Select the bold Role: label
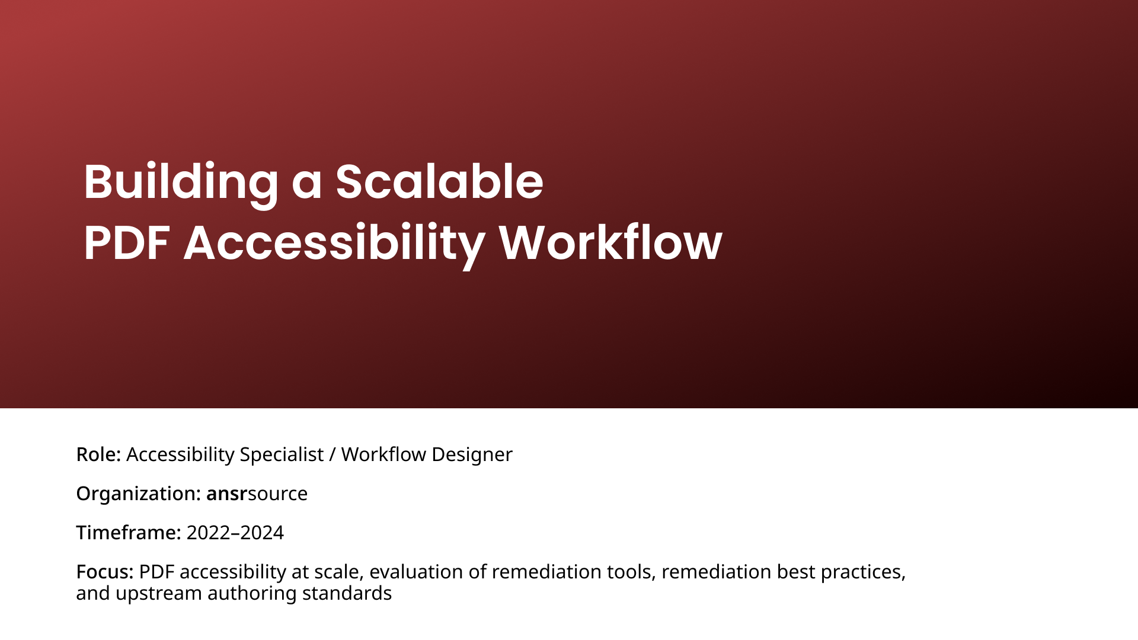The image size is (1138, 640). click(x=98, y=455)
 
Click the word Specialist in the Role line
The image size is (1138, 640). click(x=282, y=455)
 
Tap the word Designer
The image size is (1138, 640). click(x=472, y=455)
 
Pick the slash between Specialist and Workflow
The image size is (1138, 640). click(x=333, y=455)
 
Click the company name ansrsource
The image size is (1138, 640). click(x=257, y=494)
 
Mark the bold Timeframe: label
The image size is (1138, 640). click(x=129, y=533)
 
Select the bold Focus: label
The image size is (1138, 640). click(x=105, y=572)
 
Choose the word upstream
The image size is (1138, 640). click(x=159, y=594)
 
